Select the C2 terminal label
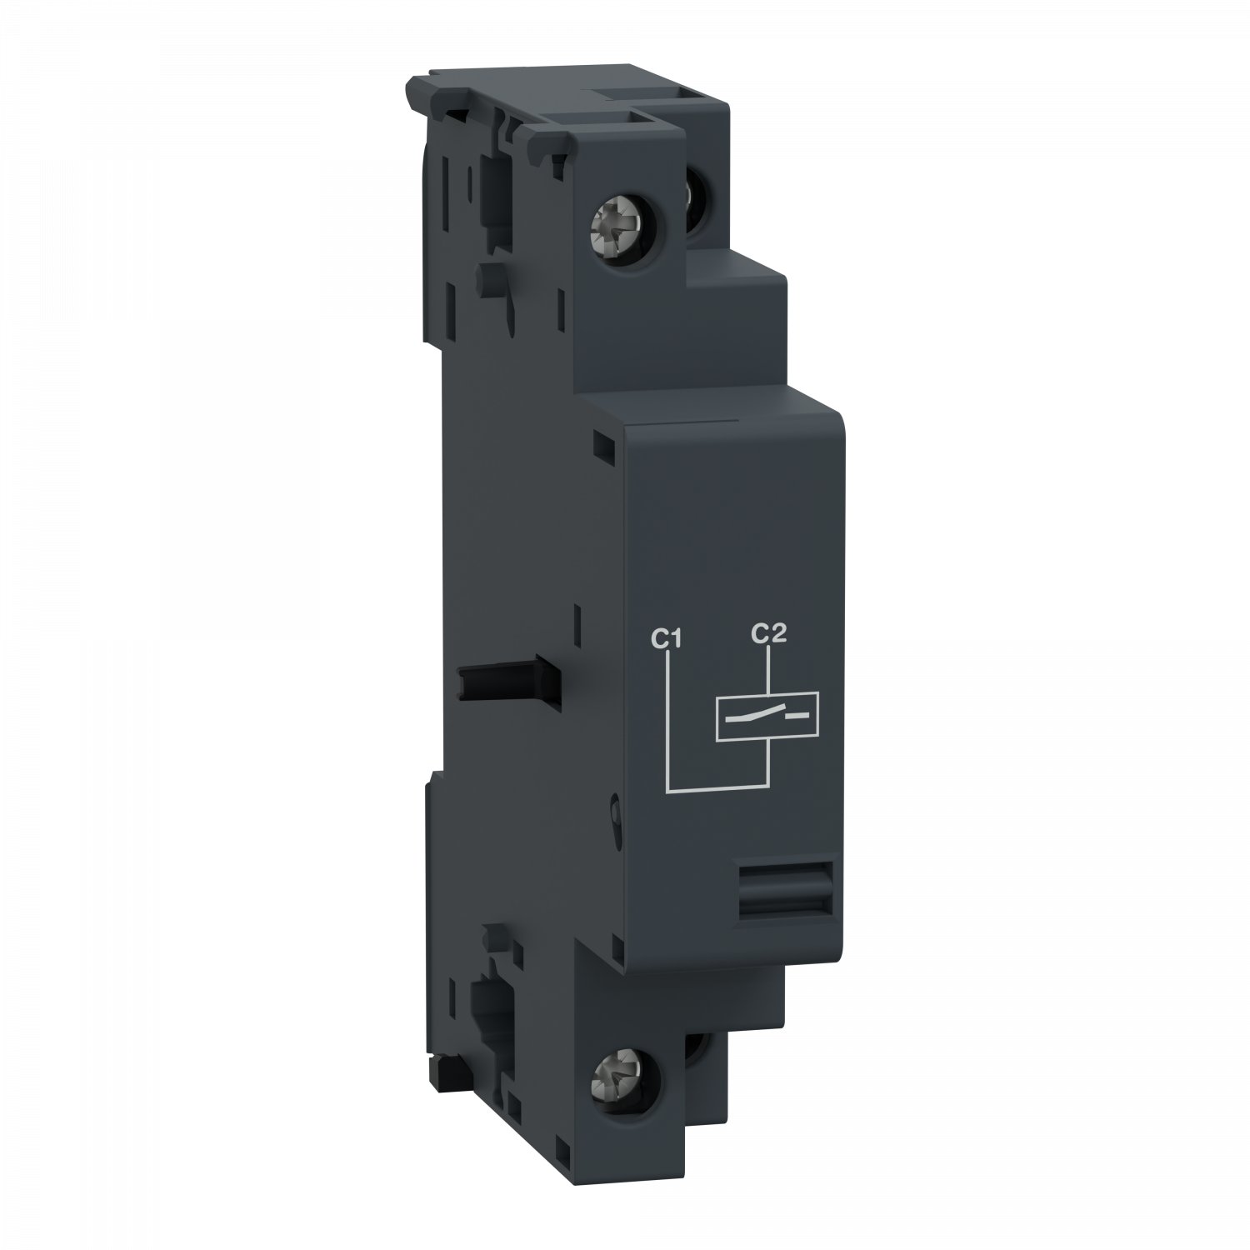pos(767,634)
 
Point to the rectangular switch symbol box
pos(767,716)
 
